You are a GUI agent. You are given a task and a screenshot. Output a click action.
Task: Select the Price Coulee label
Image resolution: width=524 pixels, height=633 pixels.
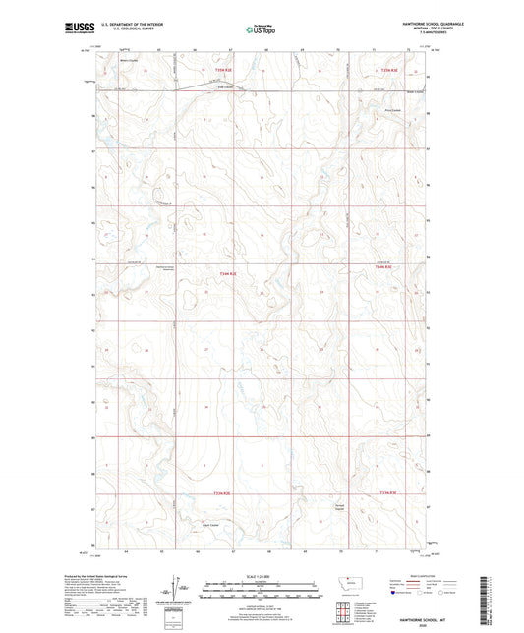[392, 111]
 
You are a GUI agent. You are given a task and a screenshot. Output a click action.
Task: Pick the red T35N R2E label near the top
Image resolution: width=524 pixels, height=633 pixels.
[223, 69]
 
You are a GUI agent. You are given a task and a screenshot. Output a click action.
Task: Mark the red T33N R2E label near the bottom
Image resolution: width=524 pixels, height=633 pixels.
[224, 494]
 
